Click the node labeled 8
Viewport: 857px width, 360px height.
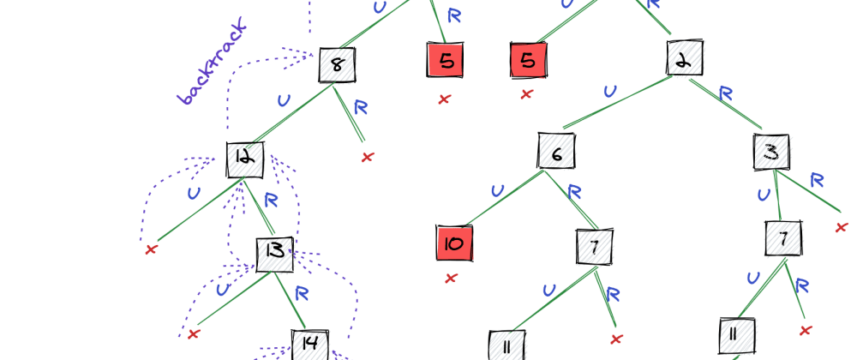pyautogui.click(x=337, y=65)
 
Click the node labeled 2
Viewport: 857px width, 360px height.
pyautogui.click(x=684, y=58)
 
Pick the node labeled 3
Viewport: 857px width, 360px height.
pyautogui.click(x=771, y=152)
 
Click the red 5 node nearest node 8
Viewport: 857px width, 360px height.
pyautogui.click(x=444, y=60)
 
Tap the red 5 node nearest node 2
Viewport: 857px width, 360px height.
pyautogui.click(x=528, y=60)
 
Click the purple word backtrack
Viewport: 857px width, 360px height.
pyautogui.click(x=213, y=63)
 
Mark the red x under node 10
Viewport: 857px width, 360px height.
pyautogui.click(x=452, y=278)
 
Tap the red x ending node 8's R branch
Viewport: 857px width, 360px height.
pyautogui.click(x=368, y=157)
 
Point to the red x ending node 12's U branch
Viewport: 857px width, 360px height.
pyautogui.click(x=152, y=249)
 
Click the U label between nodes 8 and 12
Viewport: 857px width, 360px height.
pyautogui.click(x=284, y=100)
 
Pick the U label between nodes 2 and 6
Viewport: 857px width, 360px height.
pyautogui.click(x=608, y=91)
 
